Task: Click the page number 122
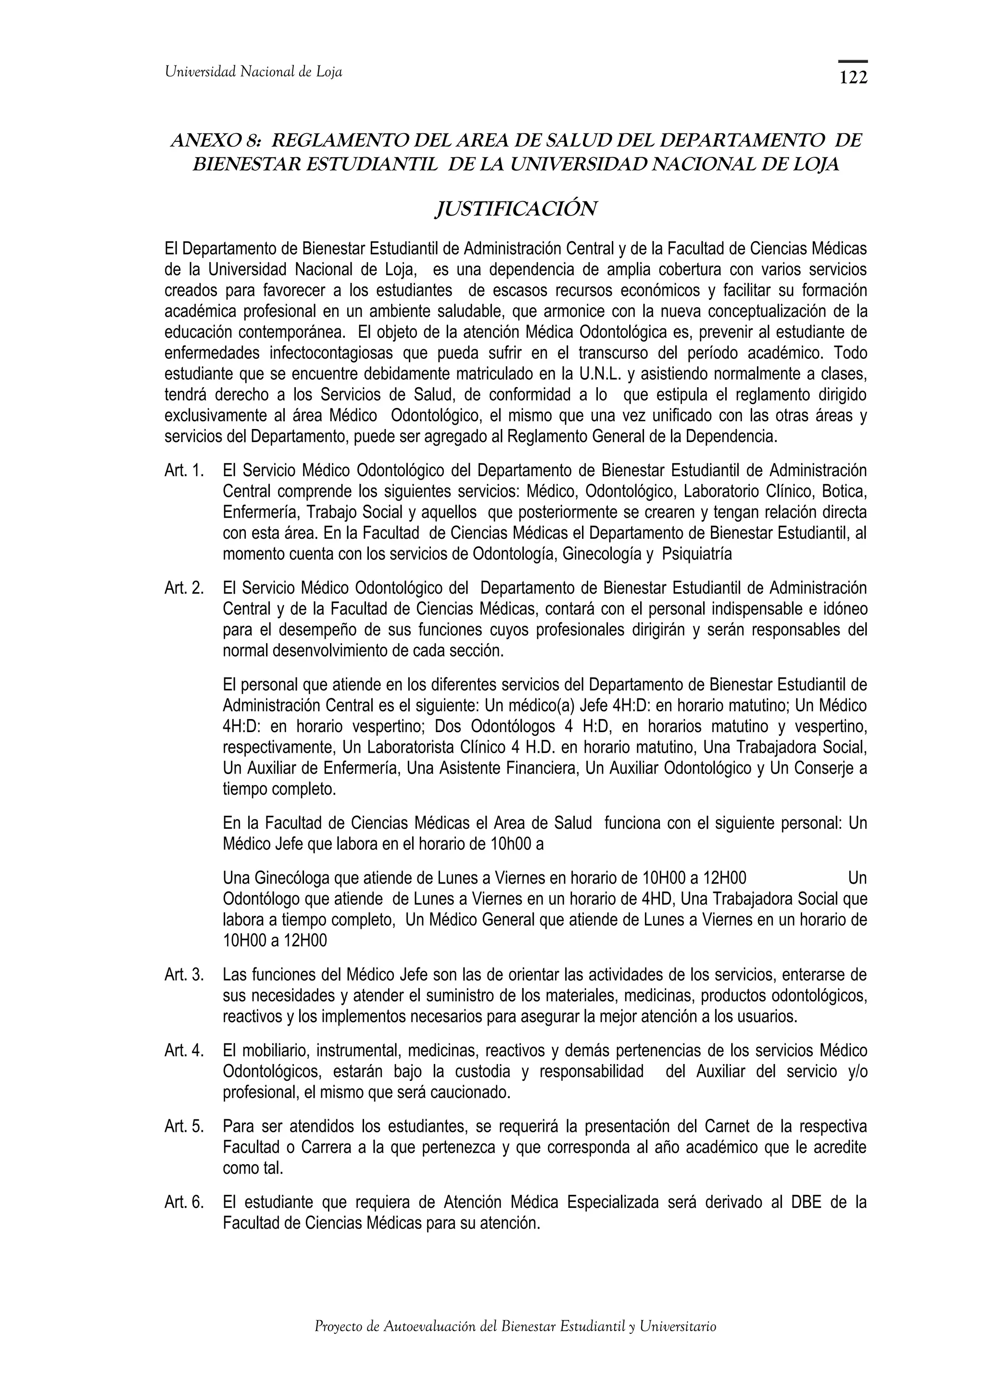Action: [x=853, y=78]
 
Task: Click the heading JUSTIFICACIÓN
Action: [x=516, y=209]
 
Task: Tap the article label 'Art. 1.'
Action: [x=184, y=470]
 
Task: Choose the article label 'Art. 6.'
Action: [x=184, y=1203]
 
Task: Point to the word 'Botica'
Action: [x=846, y=491]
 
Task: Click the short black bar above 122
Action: [x=853, y=61]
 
